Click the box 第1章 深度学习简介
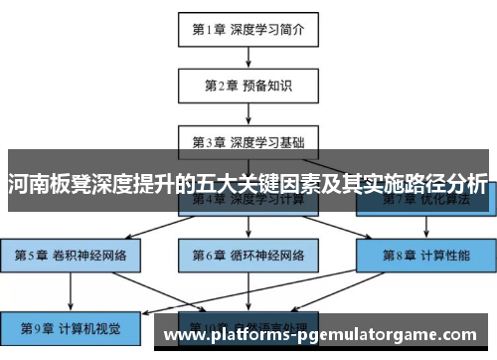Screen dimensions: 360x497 [248, 29]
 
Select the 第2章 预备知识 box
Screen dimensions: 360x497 [248, 85]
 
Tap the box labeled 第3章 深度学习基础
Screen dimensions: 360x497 [248, 140]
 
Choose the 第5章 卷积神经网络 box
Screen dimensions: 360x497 [71, 254]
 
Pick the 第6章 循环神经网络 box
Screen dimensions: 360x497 [248, 254]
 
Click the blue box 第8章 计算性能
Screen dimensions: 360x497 [424, 254]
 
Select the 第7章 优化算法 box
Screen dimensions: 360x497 [424, 203]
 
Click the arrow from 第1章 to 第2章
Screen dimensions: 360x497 [248, 57]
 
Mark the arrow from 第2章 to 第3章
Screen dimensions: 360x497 [248, 112]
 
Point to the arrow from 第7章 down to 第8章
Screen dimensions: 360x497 [424, 226]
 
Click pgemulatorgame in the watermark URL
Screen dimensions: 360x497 [372, 338]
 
